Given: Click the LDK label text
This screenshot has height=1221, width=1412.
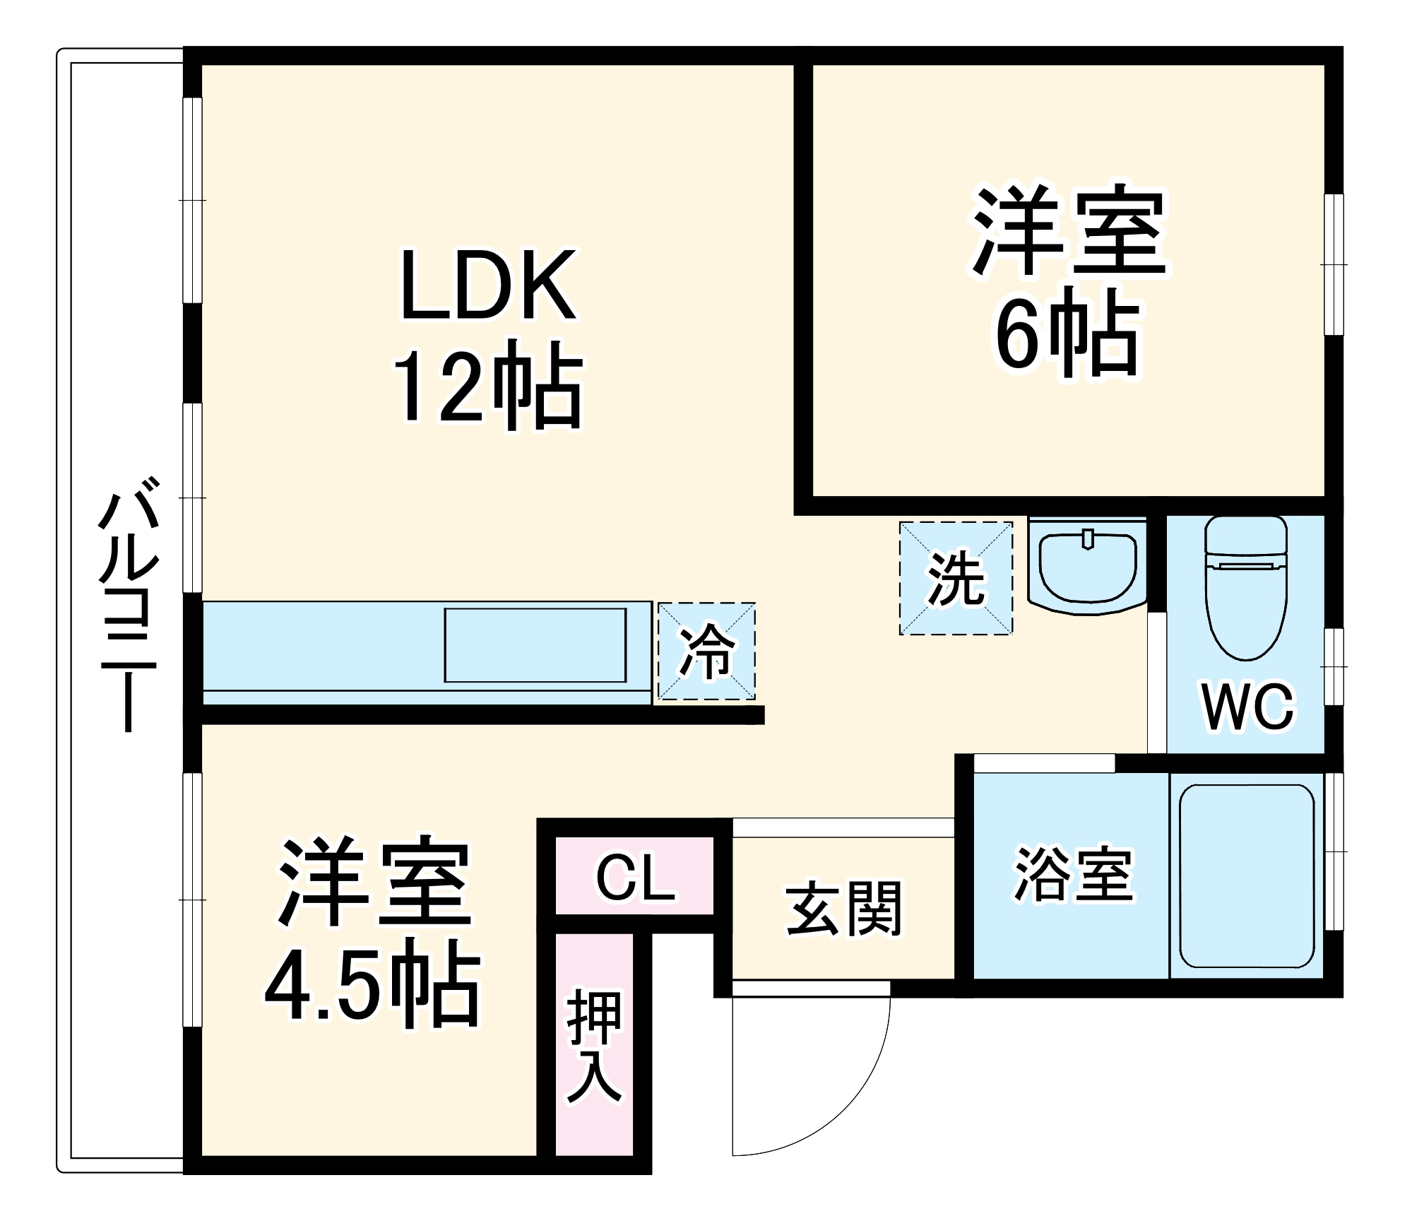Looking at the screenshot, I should coord(487,285).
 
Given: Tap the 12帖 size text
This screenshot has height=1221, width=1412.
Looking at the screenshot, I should coord(487,385).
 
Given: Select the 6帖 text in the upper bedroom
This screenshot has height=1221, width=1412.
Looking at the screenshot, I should coord(1067,332).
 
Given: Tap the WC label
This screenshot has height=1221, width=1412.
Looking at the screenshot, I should coord(1248,707).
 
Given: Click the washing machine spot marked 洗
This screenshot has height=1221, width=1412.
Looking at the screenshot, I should coord(956,579).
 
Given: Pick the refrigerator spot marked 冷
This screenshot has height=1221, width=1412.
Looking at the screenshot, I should coord(706,651).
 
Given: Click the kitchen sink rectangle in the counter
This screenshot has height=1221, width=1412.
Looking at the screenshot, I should coord(535,645).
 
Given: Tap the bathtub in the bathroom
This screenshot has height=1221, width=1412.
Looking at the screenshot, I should coord(1246,876).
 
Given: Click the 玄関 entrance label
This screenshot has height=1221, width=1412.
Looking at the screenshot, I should coord(844,909).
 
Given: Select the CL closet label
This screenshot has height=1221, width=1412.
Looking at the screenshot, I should coord(635,878).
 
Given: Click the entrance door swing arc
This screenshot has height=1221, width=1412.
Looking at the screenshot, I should coord(848,1109).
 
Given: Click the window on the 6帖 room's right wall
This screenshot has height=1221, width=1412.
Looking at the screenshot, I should coord(1334,264).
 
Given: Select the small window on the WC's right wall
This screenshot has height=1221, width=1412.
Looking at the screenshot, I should coord(1334,666).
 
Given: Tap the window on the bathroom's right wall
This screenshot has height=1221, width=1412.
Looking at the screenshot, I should coord(1334,851).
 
